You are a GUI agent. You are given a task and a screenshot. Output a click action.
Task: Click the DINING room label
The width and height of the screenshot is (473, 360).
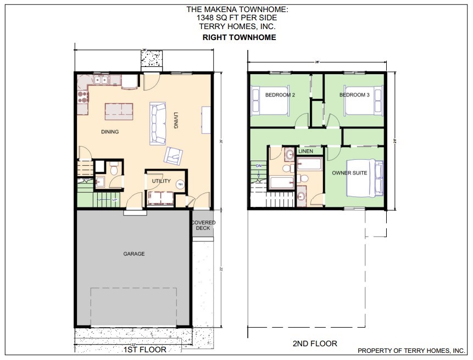coord(110,132)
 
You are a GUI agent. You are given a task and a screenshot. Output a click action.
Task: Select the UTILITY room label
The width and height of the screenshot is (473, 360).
coord(161,181)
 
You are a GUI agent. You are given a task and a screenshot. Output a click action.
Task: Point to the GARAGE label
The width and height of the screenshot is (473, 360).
coord(133,254)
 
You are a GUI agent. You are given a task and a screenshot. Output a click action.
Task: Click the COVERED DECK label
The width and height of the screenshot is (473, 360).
coord(203,225)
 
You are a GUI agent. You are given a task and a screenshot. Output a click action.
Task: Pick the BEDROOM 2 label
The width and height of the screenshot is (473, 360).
coord(280,95)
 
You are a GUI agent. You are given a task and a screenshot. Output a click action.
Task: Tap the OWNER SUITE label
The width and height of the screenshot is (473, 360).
coord(349,173)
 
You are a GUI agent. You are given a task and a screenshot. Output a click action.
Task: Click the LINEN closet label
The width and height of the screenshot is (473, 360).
coord(305,151)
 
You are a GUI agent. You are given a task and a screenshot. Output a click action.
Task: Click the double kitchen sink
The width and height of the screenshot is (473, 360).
coord(101,80)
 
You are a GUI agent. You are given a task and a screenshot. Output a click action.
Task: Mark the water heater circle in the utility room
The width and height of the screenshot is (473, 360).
coord(180,185)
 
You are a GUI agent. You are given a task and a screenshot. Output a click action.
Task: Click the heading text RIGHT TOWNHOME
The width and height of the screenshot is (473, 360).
coord(239,38)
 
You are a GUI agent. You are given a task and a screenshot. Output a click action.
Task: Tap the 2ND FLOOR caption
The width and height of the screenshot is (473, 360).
coord(315,344)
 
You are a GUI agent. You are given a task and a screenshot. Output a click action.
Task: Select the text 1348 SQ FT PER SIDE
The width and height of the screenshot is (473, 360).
coord(239,18)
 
